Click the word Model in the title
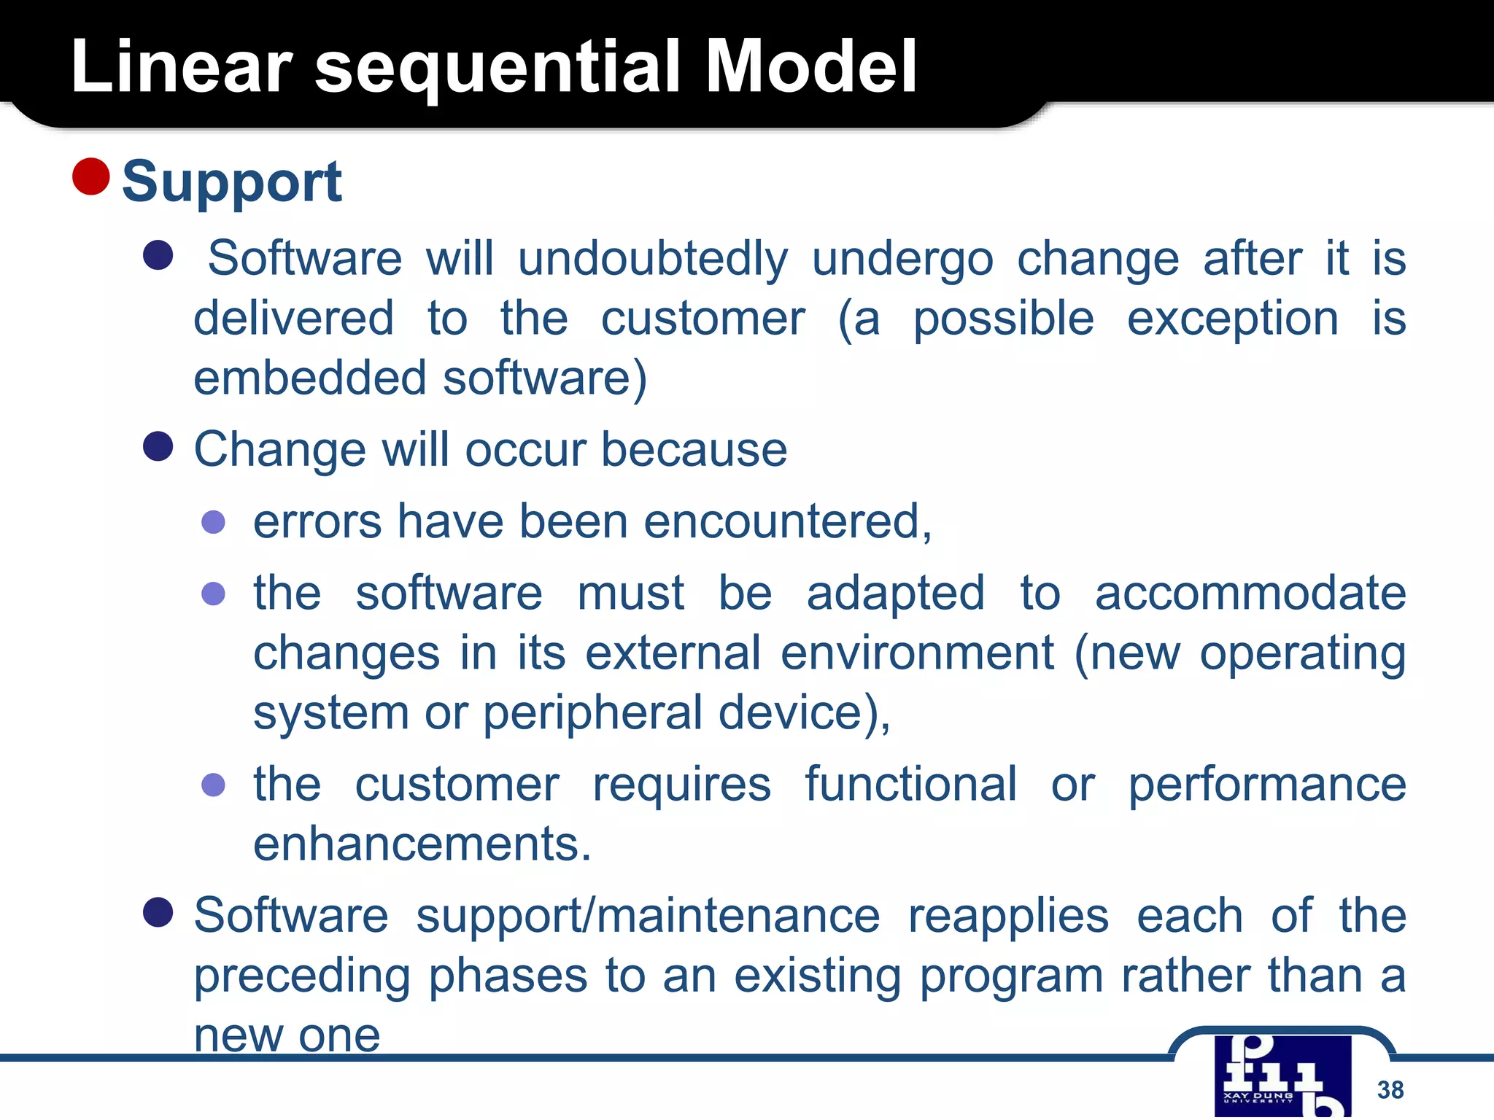coord(811,67)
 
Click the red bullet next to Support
coord(91,176)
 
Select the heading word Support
coord(232,182)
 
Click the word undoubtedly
coord(653,259)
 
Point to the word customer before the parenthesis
coord(703,319)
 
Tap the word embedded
coord(309,378)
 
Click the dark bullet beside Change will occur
coord(158,446)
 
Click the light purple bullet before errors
coord(213,522)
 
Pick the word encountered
coord(786,522)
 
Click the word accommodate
coord(1250,593)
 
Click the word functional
coord(910,785)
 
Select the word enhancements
coord(422,844)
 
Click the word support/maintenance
coord(648,916)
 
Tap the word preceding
coord(302,976)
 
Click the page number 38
coord(1390,1089)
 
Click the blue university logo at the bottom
coord(1282,1076)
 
